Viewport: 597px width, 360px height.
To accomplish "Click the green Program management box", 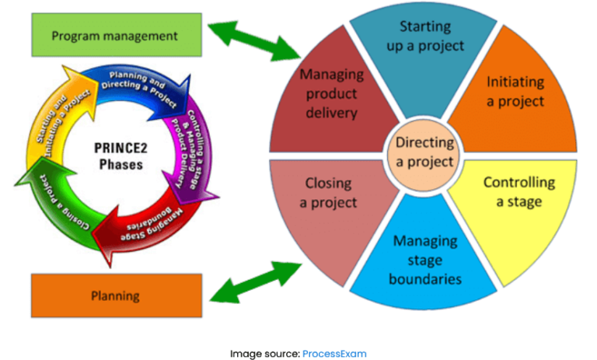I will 114,36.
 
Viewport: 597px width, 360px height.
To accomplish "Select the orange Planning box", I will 114,295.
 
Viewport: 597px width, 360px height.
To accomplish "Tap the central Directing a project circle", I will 424,152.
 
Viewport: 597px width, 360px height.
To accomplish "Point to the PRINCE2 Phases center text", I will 114,156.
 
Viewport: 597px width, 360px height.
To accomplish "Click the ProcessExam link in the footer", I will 333,353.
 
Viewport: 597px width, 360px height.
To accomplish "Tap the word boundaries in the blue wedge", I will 425,278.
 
